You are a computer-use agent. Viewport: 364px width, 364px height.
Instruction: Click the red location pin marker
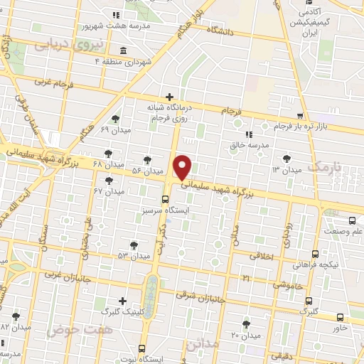click(183, 166)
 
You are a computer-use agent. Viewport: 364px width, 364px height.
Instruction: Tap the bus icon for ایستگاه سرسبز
click(166, 199)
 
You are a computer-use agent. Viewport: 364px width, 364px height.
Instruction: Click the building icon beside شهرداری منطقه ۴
click(124, 50)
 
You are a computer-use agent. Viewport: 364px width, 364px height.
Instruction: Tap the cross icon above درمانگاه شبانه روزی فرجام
click(169, 97)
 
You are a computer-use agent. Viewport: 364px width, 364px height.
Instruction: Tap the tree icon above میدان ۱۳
click(287, 159)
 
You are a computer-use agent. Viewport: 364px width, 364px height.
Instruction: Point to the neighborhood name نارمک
click(325, 168)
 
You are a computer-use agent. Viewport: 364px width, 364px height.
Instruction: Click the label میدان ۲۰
click(246, 335)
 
